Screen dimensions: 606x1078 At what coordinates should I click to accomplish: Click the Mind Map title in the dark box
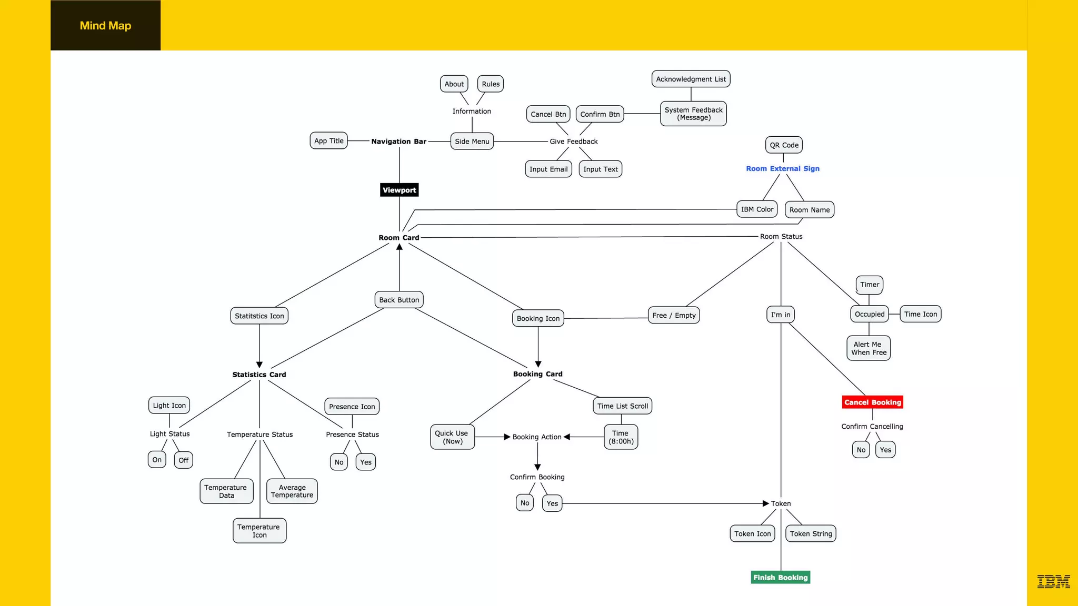[105, 25]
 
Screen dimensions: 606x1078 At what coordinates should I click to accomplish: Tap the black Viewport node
[399, 190]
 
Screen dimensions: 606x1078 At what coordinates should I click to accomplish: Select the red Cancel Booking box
[872, 402]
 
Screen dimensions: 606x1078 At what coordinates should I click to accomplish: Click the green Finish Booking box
[780, 578]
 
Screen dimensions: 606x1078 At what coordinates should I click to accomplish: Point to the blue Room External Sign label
[782, 168]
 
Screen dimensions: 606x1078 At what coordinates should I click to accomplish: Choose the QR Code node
[784, 145]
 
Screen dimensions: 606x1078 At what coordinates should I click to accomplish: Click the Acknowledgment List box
[691, 79]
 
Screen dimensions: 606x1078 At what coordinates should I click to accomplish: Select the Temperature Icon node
[259, 531]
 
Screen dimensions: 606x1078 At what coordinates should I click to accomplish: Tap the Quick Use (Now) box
[452, 437]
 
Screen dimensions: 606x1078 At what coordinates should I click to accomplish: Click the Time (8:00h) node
[621, 437]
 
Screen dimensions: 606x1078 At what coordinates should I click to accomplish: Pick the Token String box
[811, 533]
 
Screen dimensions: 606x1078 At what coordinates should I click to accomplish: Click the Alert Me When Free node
[869, 348]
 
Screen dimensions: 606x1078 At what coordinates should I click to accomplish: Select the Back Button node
[399, 300]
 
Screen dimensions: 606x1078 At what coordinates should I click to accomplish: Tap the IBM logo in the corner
[1053, 581]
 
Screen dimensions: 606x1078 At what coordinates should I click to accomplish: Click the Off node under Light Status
[183, 460]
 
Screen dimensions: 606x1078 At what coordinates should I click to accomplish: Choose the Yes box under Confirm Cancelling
[885, 450]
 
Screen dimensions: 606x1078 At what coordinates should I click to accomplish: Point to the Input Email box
[548, 169]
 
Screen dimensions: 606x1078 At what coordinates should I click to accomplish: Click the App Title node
[328, 140]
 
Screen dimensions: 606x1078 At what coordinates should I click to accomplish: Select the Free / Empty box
[674, 315]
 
